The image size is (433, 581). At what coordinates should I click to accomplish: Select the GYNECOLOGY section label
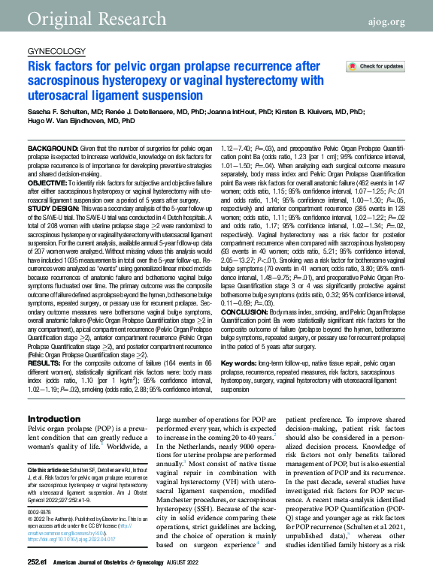point(56,51)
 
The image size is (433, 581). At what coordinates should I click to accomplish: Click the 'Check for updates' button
point(377,67)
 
